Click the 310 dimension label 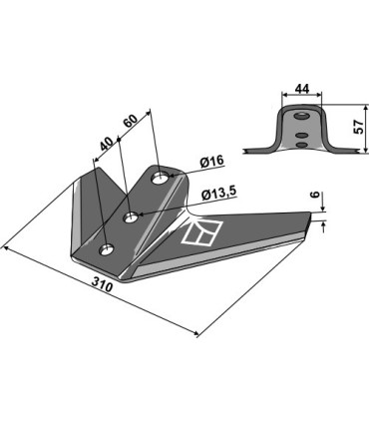(x=102, y=285)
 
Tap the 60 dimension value (x=130, y=122)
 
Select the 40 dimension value (x=106, y=144)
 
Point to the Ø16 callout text (x=211, y=162)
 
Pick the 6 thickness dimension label (x=316, y=195)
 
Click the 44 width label (x=302, y=89)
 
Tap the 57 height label (x=359, y=127)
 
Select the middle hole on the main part (x=131, y=217)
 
